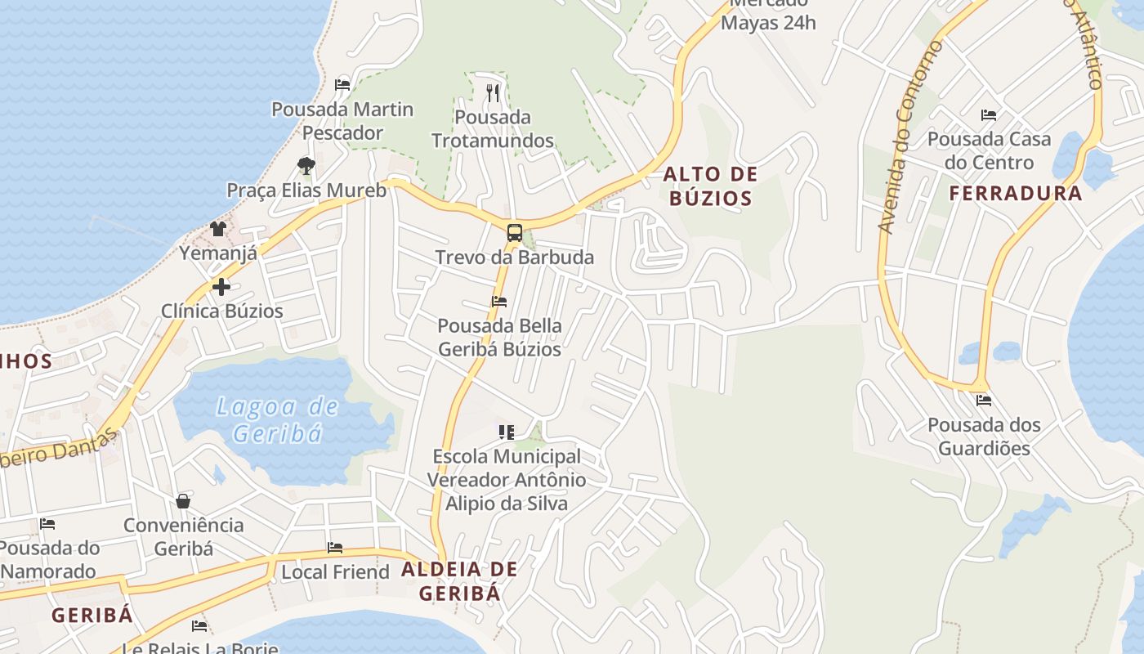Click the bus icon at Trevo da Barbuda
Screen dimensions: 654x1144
tap(514, 233)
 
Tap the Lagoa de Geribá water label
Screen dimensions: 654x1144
tap(279, 419)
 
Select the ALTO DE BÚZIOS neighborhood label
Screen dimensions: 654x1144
tap(710, 186)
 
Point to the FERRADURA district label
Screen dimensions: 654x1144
tap(1015, 194)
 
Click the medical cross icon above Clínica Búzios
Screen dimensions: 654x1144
tap(221, 287)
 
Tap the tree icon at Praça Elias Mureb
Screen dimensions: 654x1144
tap(306, 166)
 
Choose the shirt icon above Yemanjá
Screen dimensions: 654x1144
tap(218, 229)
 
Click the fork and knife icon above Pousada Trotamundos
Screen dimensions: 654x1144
tap(492, 93)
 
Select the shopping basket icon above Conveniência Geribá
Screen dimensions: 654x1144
tap(183, 500)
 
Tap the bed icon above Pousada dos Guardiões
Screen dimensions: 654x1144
tap(984, 401)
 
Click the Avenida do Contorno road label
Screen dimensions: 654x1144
tap(909, 137)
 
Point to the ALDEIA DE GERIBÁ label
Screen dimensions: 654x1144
tap(459, 581)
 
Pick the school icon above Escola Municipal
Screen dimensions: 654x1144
tap(507, 432)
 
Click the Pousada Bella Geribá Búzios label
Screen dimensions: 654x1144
tap(499, 338)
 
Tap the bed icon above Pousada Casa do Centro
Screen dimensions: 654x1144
tap(989, 115)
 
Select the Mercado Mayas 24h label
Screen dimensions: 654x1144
tap(768, 13)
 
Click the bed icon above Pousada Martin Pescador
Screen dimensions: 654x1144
tap(342, 85)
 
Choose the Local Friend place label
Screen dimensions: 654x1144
tap(335, 572)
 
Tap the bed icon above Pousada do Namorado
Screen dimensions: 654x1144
tap(47, 524)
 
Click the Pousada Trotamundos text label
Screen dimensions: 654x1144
tap(492, 129)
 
